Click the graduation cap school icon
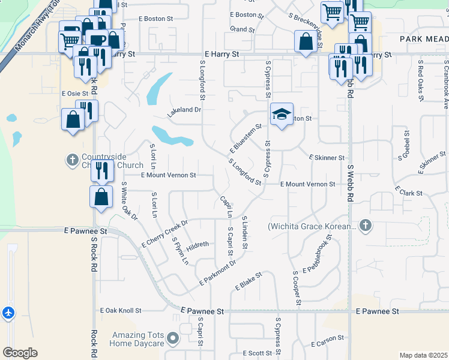coord(280,115)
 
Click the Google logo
coord(20,353)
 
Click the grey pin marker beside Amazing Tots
coord(173,339)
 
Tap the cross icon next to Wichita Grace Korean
coord(366,226)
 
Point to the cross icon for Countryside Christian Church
coord(73,160)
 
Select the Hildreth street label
coord(197,245)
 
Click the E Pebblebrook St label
coord(317,254)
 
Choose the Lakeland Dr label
coord(184,110)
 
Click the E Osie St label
coord(75,94)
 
